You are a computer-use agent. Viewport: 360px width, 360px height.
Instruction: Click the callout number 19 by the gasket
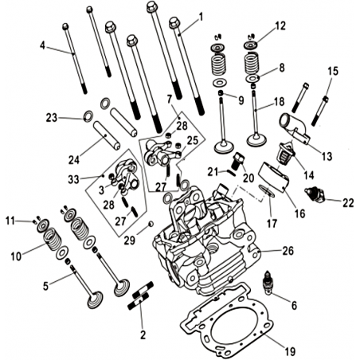pyautogui.click(x=290, y=352)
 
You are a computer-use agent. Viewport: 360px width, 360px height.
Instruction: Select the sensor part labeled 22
pyautogui.click(x=315, y=195)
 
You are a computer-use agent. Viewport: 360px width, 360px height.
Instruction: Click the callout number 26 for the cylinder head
pyautogui.click(x=288, y=251)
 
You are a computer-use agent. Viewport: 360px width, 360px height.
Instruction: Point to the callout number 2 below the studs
pyautogui.click(x=143, y=335)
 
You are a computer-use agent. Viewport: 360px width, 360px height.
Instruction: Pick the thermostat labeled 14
pyautogui.click(x=285, y=155)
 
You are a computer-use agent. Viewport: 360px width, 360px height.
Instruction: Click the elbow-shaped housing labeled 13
pyautogui.click(x=294, y=128)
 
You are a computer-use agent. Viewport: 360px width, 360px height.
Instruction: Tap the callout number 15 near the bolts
pyautogui.click(x=333, y=71)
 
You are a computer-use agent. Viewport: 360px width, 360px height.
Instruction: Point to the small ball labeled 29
pyautogui.click(x=151, y=224)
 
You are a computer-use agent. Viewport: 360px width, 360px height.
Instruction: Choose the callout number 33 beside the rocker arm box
pyautogui.click(x=73, y=179)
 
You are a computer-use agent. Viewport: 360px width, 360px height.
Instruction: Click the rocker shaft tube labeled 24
pyautogui.click(x=108, y=135)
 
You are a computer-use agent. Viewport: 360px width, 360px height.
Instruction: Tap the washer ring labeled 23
pyautogui.click(x=88, y=116)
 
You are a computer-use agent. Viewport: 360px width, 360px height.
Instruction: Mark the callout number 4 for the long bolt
pyautogui.click(x=42, y=45)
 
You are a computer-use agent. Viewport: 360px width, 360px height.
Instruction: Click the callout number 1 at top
pyautogui.click(x=201, y=18)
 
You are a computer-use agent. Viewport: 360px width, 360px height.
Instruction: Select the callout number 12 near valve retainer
pyautogui.click(x=280, y=25)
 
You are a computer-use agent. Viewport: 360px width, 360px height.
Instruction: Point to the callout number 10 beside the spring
pyautogui.click(x=16, y=256)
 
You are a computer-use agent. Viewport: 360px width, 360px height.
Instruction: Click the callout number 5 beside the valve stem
pyautogui.click(x=46, y=286)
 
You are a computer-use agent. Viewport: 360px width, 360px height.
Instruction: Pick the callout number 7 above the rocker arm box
pyautogui.click(x=170, y=100)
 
